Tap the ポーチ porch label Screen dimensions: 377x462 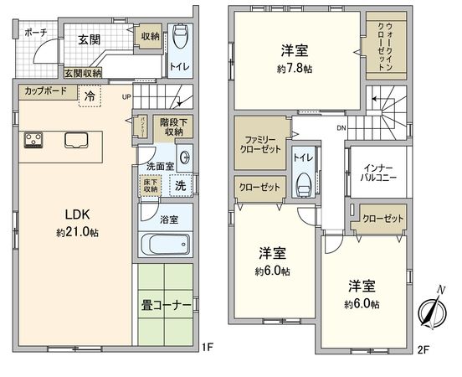[x=35, y=33]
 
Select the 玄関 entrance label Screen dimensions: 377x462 [x=89, y=39]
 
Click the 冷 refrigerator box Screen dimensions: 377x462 [x=89, y=96]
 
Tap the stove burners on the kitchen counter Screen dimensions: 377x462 [x=33, y=140]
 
